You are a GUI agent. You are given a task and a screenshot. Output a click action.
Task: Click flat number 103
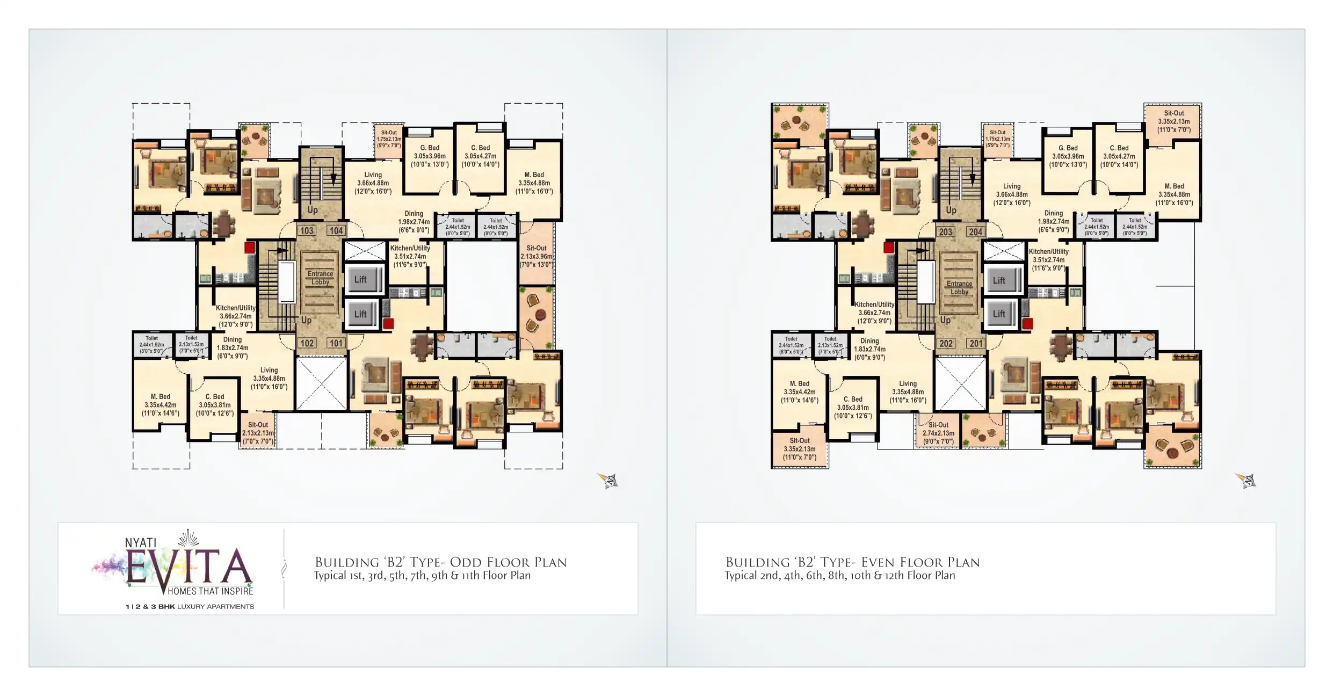307,231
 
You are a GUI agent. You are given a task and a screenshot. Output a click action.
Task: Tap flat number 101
336,343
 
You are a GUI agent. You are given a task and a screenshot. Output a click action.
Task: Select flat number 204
975,232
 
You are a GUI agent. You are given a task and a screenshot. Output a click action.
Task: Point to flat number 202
946,344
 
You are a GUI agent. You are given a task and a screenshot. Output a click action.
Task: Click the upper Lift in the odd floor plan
360,279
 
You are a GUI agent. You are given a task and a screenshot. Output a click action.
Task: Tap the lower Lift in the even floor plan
999,314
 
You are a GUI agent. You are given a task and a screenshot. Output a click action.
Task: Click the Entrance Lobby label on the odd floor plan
320,278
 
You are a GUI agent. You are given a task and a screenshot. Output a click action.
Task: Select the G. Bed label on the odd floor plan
430,156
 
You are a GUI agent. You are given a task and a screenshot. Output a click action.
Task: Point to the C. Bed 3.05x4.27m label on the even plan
1119,156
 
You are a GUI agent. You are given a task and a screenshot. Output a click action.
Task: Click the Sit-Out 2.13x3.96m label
536,257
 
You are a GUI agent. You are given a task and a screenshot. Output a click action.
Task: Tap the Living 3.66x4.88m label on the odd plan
373,183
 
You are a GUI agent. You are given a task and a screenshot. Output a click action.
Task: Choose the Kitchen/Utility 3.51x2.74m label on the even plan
1048,260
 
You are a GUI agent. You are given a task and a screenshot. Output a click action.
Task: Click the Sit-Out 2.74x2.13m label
938,433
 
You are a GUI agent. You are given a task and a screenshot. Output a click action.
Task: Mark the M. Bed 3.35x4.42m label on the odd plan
160,405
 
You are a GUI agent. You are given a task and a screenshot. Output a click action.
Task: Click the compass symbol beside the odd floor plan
608,480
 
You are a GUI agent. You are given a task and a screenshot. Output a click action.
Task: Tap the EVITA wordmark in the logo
188,567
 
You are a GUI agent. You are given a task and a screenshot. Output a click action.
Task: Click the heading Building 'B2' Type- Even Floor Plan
852,562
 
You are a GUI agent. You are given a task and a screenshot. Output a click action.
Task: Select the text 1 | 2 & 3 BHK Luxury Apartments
190,607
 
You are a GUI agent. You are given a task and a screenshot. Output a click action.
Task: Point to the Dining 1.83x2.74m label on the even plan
869,349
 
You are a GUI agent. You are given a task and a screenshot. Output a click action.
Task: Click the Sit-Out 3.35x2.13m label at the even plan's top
1173,121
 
